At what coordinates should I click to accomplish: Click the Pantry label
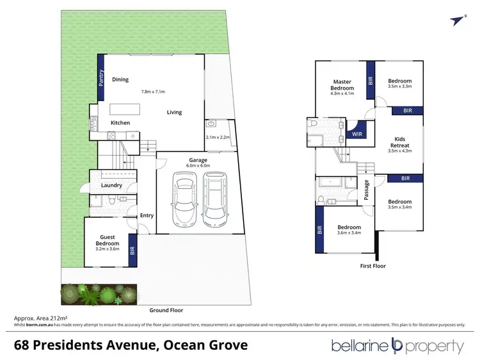101,78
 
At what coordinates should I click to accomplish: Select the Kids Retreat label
401,142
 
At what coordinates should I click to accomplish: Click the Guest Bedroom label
108,240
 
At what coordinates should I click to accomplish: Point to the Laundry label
111,186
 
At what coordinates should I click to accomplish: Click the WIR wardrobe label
358,134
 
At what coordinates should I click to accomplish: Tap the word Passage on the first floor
367,189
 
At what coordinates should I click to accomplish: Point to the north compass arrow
456,20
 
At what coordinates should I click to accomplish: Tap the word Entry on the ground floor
147,215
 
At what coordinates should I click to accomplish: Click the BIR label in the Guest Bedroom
132,250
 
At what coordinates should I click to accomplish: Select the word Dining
120,80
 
